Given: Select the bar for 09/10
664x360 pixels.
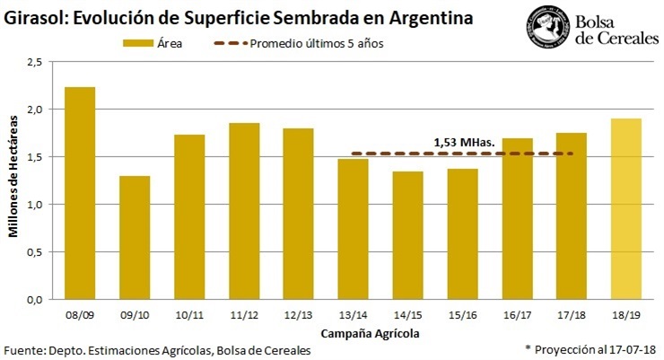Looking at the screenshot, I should click(x=135, y=237).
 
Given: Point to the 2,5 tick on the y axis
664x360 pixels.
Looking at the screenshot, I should click(x=34, y=62).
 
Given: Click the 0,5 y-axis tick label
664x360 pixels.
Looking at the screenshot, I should click(x=34, y=251).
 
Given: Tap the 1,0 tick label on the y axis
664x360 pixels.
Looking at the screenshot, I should click(x=34, y=205).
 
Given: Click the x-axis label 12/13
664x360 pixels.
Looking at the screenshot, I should click(x=298, y=315).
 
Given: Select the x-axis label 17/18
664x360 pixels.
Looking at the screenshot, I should click(x=572, y=315).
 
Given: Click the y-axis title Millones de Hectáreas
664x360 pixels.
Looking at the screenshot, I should click(x=13, y=180).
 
